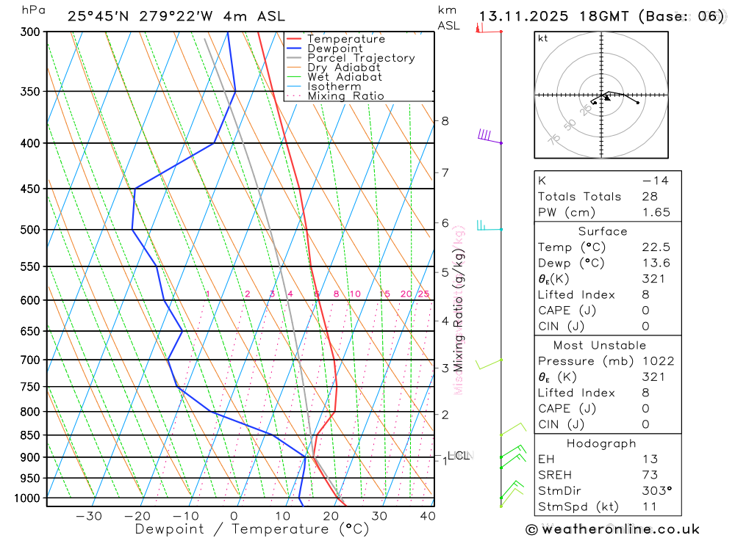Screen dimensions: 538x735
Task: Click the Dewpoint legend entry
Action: pyautogui.click(x=334, y=48)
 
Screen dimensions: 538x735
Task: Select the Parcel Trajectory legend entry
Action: pyautogui.click(x=361, y=58)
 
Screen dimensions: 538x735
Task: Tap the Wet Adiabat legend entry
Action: pyautogui.click(x=345, y=77)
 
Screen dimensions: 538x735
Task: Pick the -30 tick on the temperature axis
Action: pyautogui.click(x=89, y=516)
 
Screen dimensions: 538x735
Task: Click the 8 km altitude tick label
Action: pyautogui.click(x=445, y=120)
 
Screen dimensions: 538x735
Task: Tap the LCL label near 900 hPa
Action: pyautogui.click(x=458, y=456)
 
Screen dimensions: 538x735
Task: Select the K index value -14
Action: pyautogui.click(x=655, y=181)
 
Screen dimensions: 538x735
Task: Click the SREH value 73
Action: pyautogui.click(x=650, y=475)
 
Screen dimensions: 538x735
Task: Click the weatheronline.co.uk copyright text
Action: pyautogui.click(x=612, y=529)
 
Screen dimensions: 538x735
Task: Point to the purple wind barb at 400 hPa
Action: pyautogui.click(x=487, y=137)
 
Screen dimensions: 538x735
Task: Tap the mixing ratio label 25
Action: pyautogui.click(x=423, y=294)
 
